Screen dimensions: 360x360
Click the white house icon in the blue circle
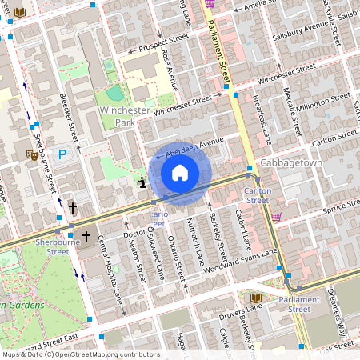click(180, 173)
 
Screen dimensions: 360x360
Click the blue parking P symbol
click(61, 154)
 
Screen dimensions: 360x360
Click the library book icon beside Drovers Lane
click(256, 320)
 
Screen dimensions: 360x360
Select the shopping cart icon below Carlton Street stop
click(276, 216)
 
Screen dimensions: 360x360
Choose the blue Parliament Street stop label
click(289, 304)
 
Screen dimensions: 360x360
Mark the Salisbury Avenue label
click(302, 34)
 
